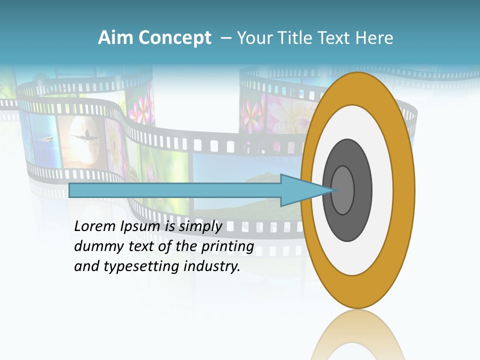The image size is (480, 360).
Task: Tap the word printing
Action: (227, 246)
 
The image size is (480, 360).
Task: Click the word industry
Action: (212, 266)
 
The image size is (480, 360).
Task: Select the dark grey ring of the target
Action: (347, 225)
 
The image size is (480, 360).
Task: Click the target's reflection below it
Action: (357, 335)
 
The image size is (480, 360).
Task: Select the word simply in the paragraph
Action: (200, 226)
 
